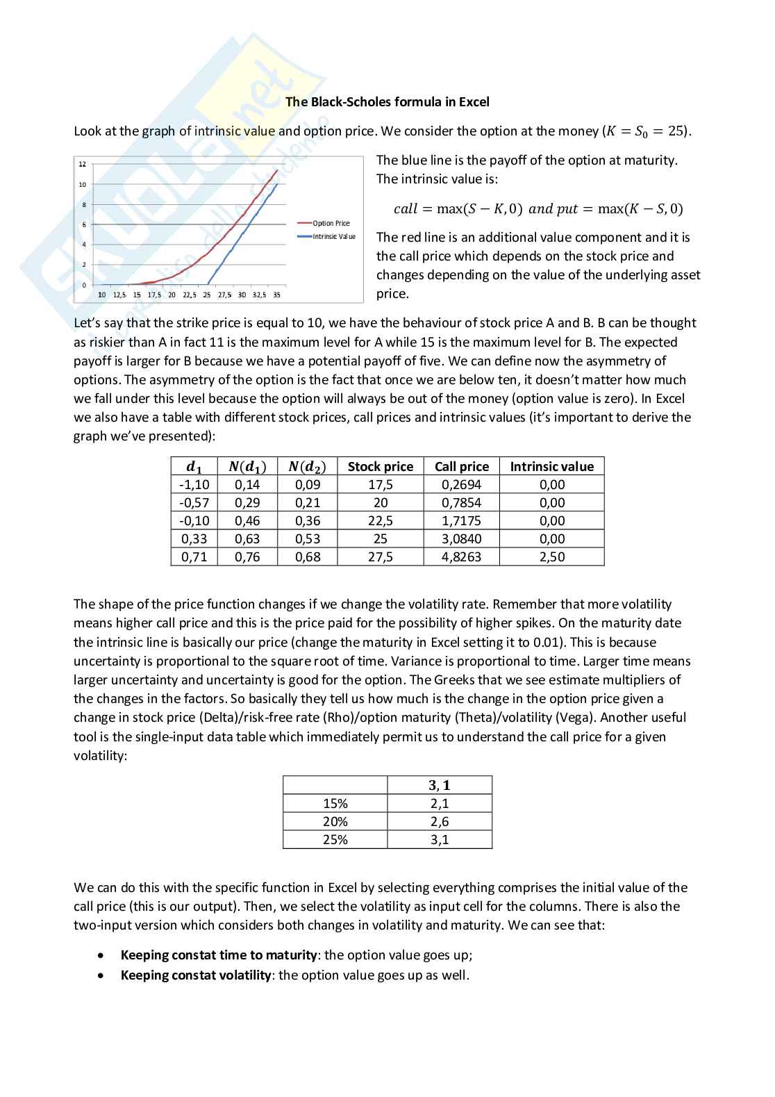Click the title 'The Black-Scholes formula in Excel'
tap(387, 102)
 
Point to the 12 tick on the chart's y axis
tap(82, 165)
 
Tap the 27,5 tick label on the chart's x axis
tap(225, 295)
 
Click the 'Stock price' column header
tap(380, 467)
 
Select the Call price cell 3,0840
tap(461, 539)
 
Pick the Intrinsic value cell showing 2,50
tap(551, 557)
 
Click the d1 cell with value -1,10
tap(194, 485)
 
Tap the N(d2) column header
tap(307, 467)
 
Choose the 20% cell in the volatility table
tap(335, 822)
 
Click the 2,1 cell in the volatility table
tap(439, 804)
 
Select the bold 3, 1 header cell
tap(439, 786)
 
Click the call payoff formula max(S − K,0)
tap(458, 209)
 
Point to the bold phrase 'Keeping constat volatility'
tap(196, 975)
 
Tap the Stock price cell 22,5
tap(380, 521)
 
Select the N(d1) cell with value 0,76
tap(247, 557)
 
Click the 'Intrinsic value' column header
tap(551, 467)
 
